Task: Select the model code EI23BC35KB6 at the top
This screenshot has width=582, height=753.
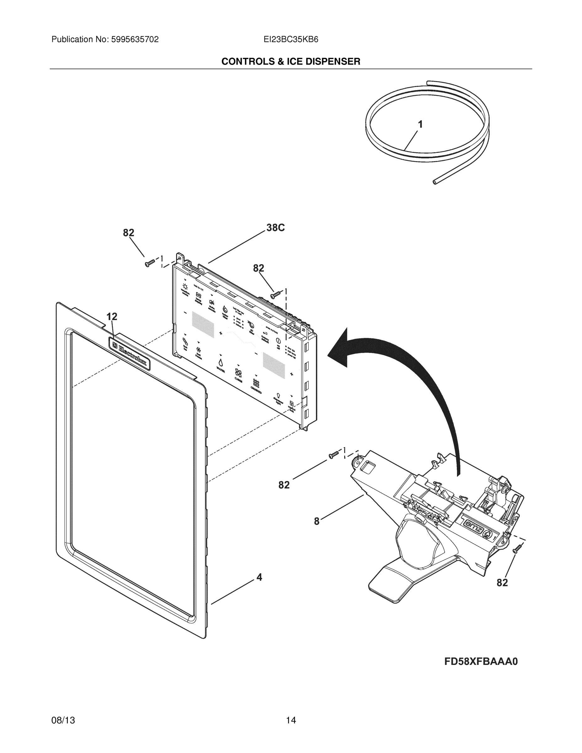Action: (291, 40)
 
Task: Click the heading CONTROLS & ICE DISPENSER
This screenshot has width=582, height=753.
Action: (291, 61)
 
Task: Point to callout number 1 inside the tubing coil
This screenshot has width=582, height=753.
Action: (420, 125)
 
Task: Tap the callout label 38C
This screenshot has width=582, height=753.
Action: (275, 228)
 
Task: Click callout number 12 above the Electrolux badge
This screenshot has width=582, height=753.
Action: (112, 317)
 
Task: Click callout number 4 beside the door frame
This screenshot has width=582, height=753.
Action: (259, 577)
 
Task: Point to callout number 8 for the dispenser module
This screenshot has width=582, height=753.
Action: (317, 522)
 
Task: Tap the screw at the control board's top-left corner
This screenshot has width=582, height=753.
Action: (150, 264)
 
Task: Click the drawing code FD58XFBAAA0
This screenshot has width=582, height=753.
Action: (481, 662)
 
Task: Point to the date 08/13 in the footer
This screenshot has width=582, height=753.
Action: (63, 720)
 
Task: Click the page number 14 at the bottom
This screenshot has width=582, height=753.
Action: (291, 720)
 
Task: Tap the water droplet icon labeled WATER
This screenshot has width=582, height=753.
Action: (220, 362)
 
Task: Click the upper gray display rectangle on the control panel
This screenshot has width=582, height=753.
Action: (203, 324)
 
